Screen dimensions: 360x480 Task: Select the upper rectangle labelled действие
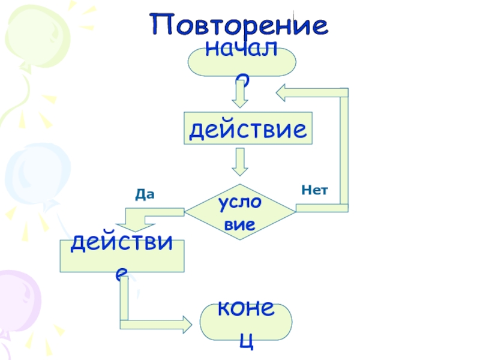click(x=248, y=128)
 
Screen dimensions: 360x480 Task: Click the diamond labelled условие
click(x=240, y=212)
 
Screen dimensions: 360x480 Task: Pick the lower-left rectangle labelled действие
click(x=122, y=255)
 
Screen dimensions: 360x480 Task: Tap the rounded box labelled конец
click(x=246, y=320)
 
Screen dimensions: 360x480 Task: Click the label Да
click(x=145, y=194)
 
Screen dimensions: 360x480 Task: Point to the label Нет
click(x=315, y=190)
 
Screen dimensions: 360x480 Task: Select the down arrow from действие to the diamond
click(x=241, y=161)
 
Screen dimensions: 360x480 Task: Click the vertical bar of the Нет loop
click(x=344, y=150)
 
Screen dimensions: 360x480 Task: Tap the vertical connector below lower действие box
click(x=124, y=300)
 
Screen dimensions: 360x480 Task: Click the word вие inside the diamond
click(x=241, y=224)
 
